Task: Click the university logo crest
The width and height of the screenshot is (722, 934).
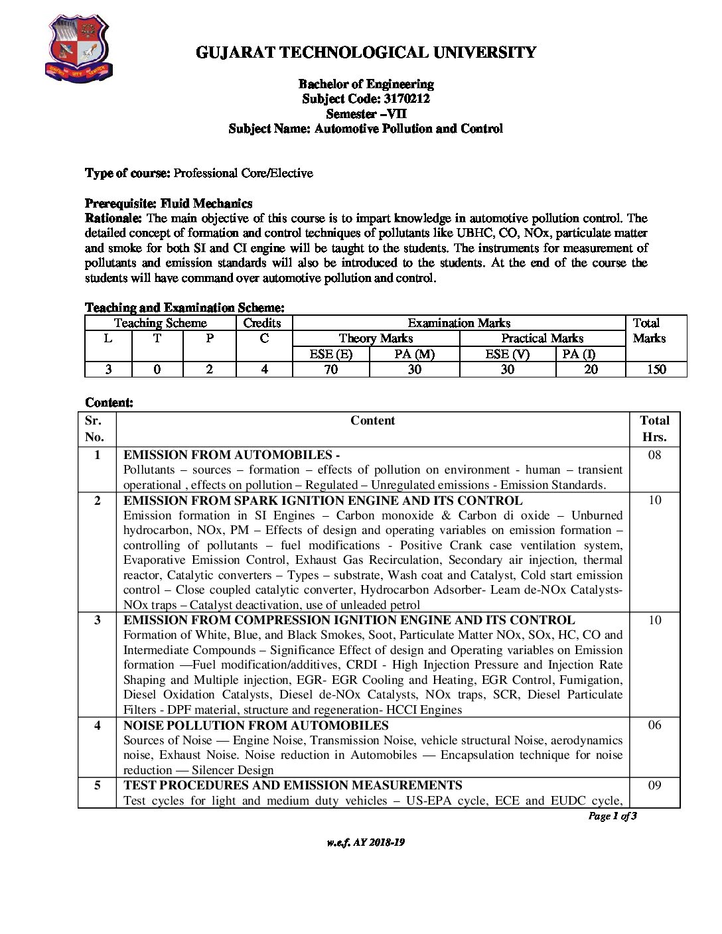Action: tap(78, 50)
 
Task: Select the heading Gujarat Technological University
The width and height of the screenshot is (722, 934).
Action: tap(366, 52)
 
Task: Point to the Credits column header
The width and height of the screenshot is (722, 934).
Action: tap(262, 323)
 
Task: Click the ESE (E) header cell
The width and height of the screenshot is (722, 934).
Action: tap(330, 354)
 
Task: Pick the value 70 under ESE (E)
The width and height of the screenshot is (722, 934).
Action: tap(330, 369)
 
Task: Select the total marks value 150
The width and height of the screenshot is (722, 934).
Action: tap(656, 369)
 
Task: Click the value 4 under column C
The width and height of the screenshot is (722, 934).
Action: tap(264, 369)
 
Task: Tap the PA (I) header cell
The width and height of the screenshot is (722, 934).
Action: tap(579, 354)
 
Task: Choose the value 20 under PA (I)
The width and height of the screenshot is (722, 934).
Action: tap(591, 369)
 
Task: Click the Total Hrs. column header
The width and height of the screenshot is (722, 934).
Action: tap(654, 429)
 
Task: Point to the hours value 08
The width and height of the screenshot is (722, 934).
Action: tap(654, 455)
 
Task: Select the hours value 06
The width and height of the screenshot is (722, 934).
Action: tap(654, 725)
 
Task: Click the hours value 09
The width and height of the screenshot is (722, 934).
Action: tap(654, 785)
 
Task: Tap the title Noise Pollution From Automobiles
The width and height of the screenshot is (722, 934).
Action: tap(256, 726)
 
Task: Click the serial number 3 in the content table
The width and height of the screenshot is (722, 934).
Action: tap(98, 620)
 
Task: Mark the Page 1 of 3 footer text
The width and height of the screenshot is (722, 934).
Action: tap(613, 816)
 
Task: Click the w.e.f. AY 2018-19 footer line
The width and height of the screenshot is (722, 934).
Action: tap(366, 842)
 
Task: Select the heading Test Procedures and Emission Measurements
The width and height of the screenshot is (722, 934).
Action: tap(293, 785)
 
